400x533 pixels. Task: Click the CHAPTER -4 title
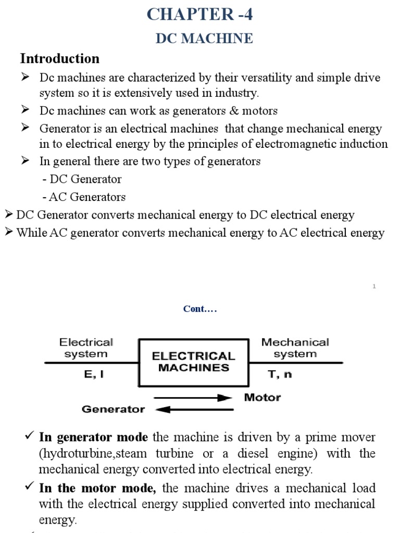(200, 14)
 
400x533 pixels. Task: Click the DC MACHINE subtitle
(204, 39)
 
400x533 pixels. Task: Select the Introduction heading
(59, 58)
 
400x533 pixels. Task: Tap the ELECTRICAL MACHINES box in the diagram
(193, 362)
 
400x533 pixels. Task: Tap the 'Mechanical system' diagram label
(295, 348)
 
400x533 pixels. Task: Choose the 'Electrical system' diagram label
(86, 348)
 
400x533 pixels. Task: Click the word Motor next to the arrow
(262, 398)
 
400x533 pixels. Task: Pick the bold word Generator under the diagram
(113, 410)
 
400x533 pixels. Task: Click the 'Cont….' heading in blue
(199, 309)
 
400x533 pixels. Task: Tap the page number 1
(374, 286)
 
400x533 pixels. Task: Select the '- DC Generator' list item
(82, 179)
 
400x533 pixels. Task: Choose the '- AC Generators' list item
(84, 197)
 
